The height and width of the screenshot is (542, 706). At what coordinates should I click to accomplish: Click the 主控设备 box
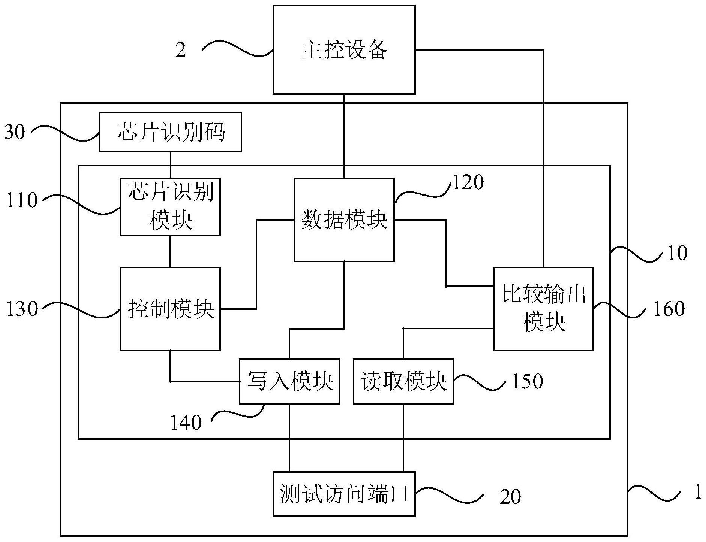[x=344, y=50]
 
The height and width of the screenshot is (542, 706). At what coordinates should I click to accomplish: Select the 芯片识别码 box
[x=170, y=132]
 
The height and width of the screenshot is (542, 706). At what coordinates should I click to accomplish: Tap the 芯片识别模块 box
[x=170, y=207]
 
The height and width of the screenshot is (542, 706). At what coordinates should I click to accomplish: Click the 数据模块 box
[x=344, y=220]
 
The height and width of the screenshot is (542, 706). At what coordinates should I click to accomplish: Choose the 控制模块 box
[x=170, y=309]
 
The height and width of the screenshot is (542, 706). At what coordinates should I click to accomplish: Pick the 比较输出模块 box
[x=543, y=309]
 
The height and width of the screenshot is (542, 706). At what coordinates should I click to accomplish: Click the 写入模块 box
[x=289, y=381]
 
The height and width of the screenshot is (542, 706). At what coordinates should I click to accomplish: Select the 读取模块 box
[x=403, y=381]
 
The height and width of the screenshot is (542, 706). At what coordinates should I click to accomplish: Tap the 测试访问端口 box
[x=344, y=494]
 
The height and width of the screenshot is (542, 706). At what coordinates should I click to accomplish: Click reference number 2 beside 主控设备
[x=181, y=50]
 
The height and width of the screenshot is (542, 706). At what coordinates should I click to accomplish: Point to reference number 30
[x=15, y=132]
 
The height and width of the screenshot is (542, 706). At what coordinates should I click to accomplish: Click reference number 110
[x=22, y=200]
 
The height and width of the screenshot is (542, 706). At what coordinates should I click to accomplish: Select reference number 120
[x=468, y=183]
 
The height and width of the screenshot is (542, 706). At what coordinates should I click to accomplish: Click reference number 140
[x=186, y=423]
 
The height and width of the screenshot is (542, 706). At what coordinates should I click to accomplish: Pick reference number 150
[x=527, y=381]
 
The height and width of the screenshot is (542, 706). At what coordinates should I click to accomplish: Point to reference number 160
[x=669, y=309]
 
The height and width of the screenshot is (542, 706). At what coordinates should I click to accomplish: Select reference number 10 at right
[x=677, y=254]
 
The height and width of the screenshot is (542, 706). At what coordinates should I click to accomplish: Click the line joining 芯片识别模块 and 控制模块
[x=171, y=251]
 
